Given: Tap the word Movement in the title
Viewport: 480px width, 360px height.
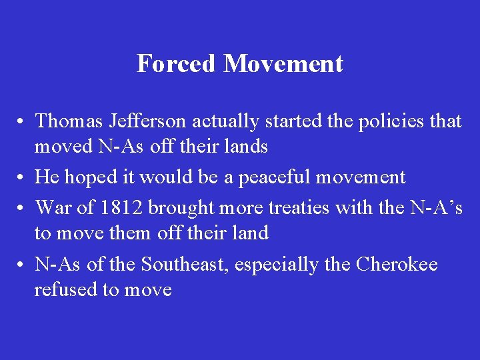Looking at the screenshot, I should [283, 64].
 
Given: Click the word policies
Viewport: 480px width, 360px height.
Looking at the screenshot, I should [381, 121].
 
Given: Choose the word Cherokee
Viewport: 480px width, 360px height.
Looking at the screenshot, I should [397, 265].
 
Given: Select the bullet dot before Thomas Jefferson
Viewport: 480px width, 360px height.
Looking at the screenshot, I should [23, 122].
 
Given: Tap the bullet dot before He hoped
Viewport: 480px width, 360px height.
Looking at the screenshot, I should [23, 178].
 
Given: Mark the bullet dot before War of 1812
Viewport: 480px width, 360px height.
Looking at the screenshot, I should [23, 209].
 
